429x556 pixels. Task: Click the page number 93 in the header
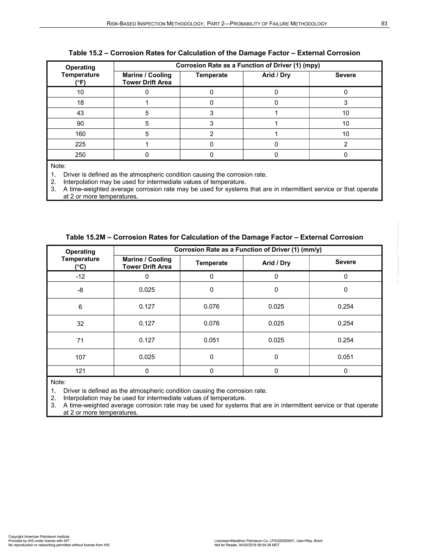[x=384, y=24]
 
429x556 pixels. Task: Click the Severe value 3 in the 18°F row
[x=345, y=103]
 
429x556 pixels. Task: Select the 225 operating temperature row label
[x=80, y=144]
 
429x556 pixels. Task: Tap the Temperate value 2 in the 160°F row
[x=211, y=134]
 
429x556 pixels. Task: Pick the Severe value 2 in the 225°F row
[x=345, y=144]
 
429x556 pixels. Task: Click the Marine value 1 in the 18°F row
[x=147, y=103]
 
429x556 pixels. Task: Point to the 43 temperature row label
[x=80, y=113]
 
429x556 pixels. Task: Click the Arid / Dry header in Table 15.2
[x=276, y=75]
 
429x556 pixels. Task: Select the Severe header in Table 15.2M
[x=345, y=262]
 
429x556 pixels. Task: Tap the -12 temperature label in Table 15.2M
[x=80, y=277]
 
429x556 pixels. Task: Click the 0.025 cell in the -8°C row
[x=147, y=290]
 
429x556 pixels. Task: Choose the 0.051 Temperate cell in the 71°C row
[x=211, y=340]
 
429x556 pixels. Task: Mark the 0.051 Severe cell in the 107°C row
[x=345, y=357]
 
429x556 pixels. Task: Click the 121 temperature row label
[x=80, y=371]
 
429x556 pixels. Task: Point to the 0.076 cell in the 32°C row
[x=211, y=323]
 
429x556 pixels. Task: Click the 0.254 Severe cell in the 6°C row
[x=345, y=307]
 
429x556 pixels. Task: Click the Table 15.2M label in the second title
[x=85, y=237]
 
